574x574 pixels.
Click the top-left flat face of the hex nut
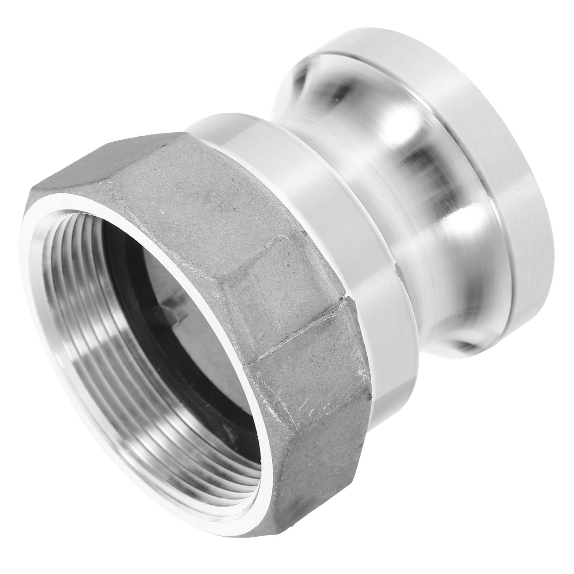[x=118, y=194]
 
